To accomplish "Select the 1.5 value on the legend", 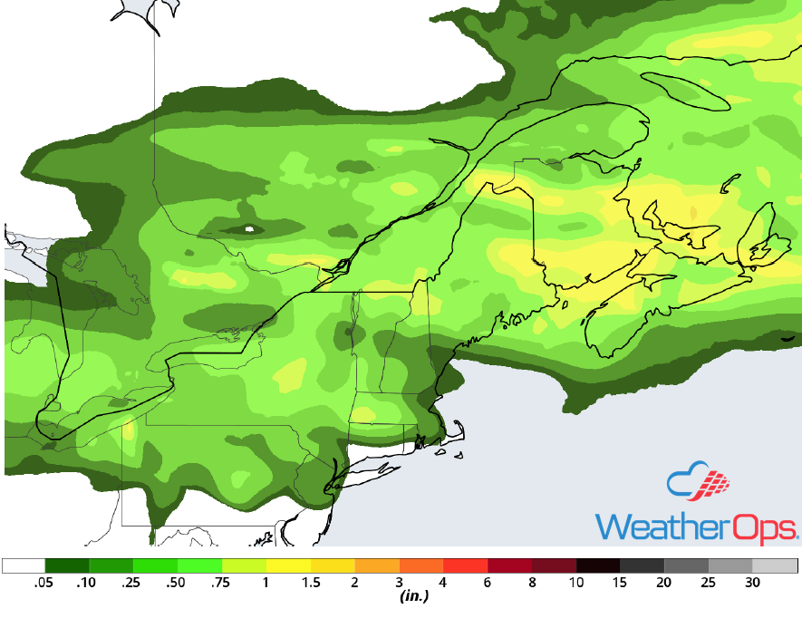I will click(x=311, y=584).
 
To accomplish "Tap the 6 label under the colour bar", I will click(x=488, y=584).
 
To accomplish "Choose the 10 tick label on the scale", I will click(x=576, y=584).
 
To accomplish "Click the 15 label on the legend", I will click(x=621, y=584).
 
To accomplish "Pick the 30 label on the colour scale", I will click(x=753, y=584).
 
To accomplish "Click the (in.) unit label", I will click(x=413, y=597).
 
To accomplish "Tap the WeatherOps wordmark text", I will click(x=696, y=526).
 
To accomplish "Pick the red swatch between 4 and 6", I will click(x=466, y=566).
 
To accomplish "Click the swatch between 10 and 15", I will click(x=598, y=566).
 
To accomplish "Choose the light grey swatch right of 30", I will click(x=776, y=566).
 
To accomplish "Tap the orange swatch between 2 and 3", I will click(x=377, y=566).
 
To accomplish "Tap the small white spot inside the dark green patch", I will click(x=251, y=230).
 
